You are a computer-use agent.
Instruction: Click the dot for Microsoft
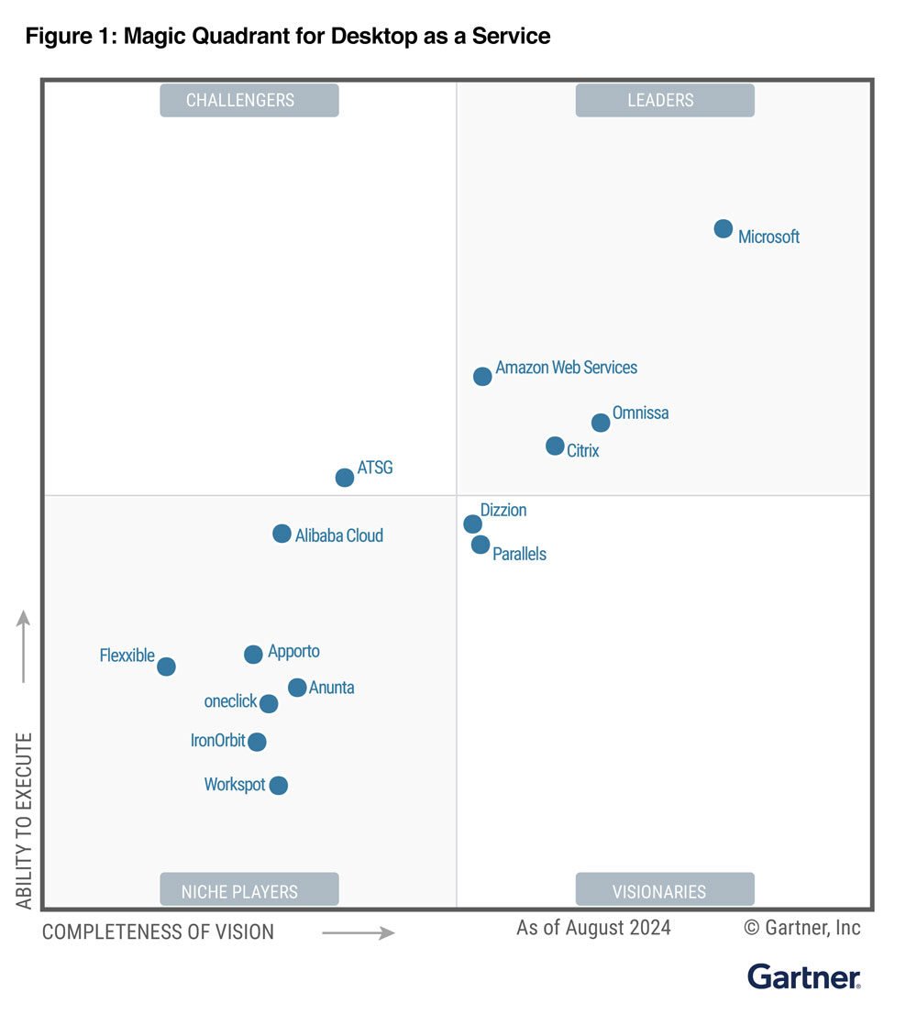724,228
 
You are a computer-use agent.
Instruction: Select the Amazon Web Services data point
482,376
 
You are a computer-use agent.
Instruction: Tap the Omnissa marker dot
601,423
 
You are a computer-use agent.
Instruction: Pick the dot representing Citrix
555,446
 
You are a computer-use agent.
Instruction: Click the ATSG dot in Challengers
345,478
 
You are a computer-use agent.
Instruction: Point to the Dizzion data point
472,524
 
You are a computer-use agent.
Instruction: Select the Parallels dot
481,545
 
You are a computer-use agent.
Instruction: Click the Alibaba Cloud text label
338,535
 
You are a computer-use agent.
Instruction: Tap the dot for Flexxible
166,667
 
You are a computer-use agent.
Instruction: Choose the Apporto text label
293,652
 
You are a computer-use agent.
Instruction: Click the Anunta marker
297,688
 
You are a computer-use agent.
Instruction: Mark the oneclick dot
269,704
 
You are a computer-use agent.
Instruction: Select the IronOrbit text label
217,740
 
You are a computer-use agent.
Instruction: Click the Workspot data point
279,785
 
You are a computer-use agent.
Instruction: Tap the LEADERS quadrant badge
665,100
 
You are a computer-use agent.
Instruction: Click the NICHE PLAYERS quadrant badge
249,890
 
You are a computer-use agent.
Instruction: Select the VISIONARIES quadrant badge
665,890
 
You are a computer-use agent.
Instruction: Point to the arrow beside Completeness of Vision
359,933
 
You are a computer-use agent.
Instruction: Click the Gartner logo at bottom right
803,976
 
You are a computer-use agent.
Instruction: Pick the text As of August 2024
593,928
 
